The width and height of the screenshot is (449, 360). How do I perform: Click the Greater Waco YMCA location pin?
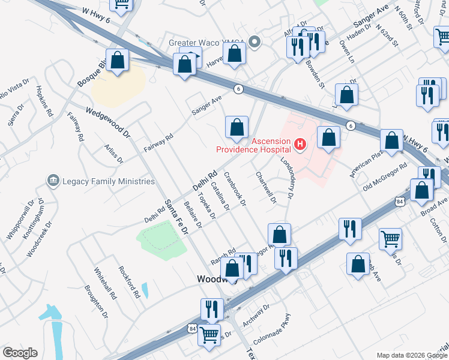pyautogui.click(x=255, y=43)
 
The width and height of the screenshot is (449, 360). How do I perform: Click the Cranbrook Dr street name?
pyautogui.click(x=235, y=189)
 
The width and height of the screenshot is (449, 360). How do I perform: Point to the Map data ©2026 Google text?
pyautogui.click(x=411, y=355)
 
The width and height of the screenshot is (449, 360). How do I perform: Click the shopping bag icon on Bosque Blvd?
pyautogui.click(x=118, y=61)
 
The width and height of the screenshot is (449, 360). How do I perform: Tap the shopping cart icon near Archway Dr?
pyautogui.click(x=208, y=334)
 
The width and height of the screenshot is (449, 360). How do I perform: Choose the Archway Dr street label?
pyautogui.click(x=256, y=316)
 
